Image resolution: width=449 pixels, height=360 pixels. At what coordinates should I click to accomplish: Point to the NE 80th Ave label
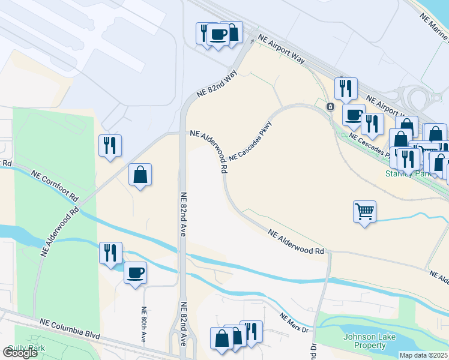tap(143, 324)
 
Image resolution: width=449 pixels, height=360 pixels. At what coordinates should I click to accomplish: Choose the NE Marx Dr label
tap(294, 323)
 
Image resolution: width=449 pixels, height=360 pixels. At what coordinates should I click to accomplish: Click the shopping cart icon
tap(364, 212)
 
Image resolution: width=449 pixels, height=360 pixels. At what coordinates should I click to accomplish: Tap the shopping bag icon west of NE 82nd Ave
tap(140, 175)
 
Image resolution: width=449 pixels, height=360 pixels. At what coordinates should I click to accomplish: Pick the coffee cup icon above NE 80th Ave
tap(135, 272)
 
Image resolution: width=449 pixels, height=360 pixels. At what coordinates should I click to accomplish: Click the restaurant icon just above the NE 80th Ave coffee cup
tap(110, 253)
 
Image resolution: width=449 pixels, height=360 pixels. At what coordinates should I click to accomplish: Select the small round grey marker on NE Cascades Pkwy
tap(330, 107)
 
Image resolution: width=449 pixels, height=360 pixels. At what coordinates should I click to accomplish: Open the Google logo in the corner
tap(20, 352)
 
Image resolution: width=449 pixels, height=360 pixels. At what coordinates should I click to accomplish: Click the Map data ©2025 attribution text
tap(424, 355)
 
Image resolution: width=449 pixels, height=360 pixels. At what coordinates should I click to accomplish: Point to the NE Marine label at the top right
tap(435, 30)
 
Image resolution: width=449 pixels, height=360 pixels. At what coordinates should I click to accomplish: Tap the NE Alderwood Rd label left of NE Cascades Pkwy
tap(208, 151)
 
